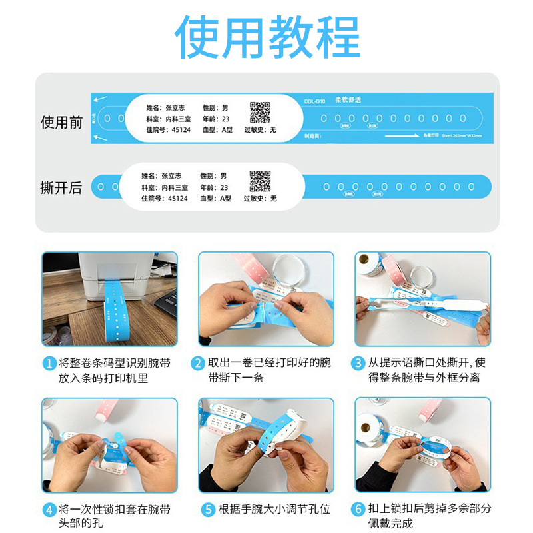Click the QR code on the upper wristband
tap(260, 112)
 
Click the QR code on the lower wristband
tap(260, 181)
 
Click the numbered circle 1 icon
tap(49, 364)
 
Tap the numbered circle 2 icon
tap(197, 364)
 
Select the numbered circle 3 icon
tap(358, 364)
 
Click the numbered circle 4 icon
tap(49, 510)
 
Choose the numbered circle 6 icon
tap(358, 510)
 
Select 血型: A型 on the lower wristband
tap(215, 199)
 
